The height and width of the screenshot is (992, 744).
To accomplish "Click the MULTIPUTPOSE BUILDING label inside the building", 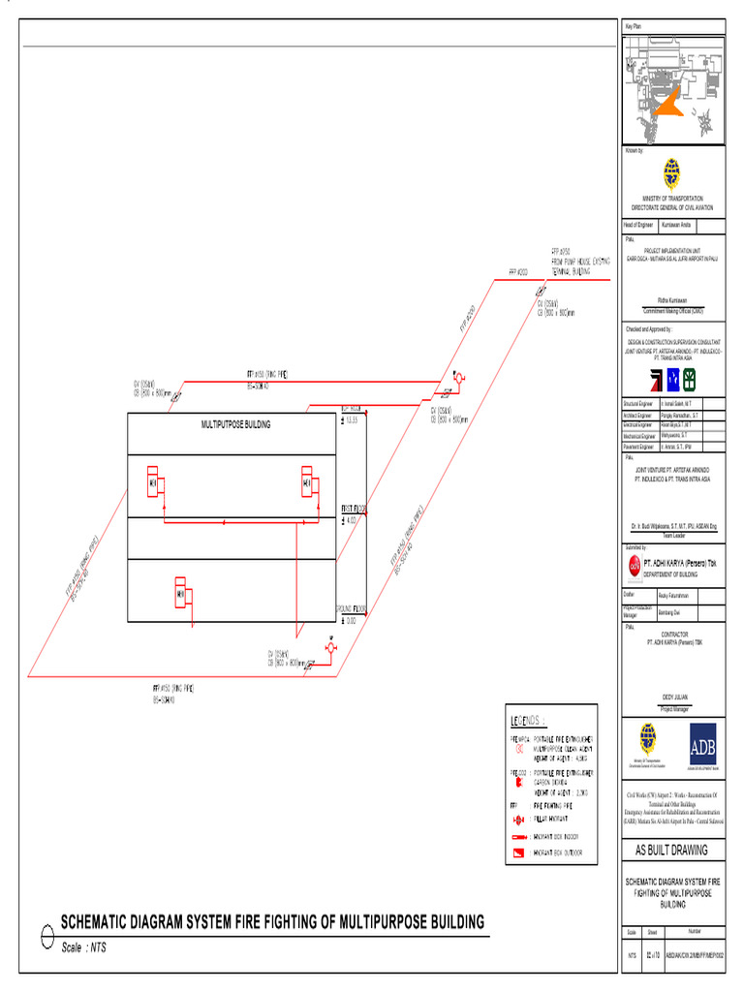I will click(235, 424).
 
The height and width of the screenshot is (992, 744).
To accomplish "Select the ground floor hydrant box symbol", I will click(180, 593).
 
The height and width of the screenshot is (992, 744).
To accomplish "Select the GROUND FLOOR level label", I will click(350, 608).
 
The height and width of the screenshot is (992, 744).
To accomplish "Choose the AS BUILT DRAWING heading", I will click(671, 850).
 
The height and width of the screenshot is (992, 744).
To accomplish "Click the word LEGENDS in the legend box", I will click(528, 721).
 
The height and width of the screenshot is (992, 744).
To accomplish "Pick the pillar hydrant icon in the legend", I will click(519, 819).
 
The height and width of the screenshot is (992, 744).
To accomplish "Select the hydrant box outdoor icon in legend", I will click(519, 853).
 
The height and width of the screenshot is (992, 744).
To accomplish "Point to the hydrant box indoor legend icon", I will click(519, 836).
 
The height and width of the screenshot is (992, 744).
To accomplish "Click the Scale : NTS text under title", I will click(84, 947).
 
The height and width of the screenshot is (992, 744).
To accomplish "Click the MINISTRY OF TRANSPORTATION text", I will click(672, 198).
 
